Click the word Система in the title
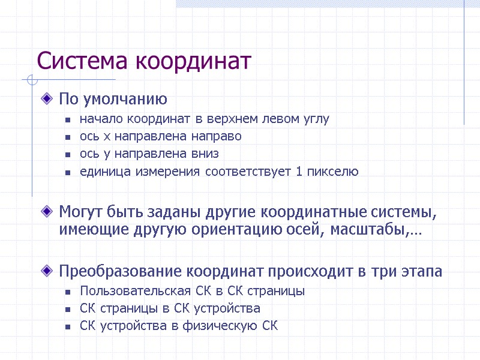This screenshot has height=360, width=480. pos(84,61)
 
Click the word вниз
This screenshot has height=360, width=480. pos(205,154)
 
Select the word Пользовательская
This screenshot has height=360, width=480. pos(130,291)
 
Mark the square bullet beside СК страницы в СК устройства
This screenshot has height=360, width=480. pos(68,310)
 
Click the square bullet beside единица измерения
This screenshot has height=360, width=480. pos(68,172)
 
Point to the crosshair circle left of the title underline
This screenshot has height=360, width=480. pos(32,79)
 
